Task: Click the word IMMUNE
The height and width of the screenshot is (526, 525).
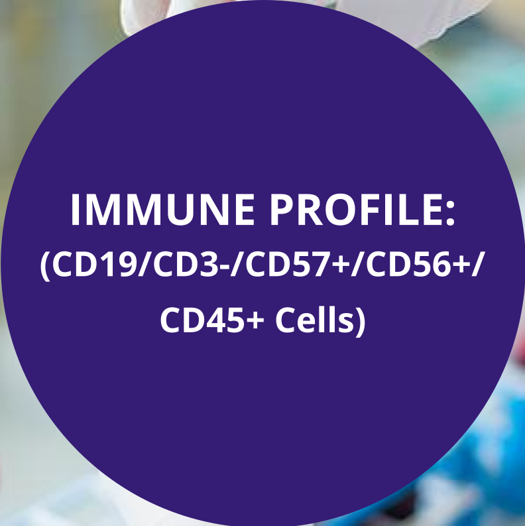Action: (x=162, y=210)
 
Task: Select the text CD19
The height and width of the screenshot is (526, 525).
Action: (x=94, y=265)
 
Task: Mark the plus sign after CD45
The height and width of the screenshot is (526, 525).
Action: (x=255, y=320)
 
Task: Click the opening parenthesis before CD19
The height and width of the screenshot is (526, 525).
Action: (x=45, y=266)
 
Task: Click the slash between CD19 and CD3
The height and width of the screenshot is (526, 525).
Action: (x=145, y=265)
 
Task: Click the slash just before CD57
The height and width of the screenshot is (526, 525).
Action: (x=237, y=265)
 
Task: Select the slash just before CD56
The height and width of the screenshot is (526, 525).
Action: (x=357, y=265)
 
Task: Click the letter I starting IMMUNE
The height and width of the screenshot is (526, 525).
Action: (x=75, y=210)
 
